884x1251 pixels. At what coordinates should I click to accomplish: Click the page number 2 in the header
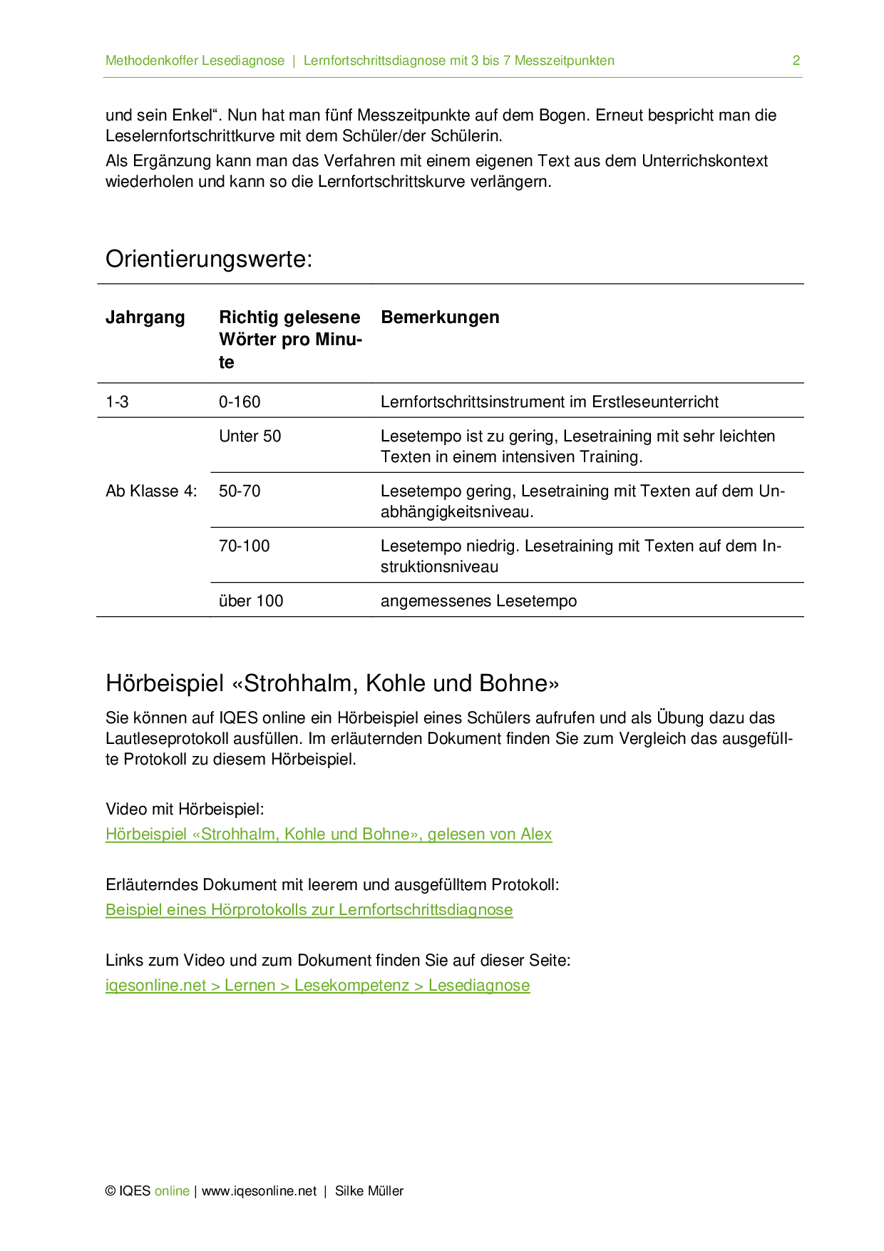tap(796, 61)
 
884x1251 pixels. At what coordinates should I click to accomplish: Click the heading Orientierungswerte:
tap(209, 258)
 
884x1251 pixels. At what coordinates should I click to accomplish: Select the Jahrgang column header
tap(145, 317)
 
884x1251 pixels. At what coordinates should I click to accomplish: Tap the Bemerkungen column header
tap(440, 317)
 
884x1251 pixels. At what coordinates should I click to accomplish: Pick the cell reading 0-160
tap(240, 402)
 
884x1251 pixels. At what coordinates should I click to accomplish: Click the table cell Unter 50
tap(250, 436)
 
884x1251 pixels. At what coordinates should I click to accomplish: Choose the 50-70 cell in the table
tap(240, 491)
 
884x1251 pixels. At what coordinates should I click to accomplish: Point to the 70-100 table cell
tap(244, 546)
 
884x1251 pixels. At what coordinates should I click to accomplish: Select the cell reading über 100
tap(251, 601)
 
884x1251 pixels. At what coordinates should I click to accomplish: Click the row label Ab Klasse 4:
tap(151, 491)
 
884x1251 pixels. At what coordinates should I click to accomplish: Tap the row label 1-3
tap(117, 402)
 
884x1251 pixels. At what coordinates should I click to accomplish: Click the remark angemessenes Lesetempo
tap(478, 601)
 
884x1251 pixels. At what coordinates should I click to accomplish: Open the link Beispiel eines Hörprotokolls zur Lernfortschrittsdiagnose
tap(309, 909)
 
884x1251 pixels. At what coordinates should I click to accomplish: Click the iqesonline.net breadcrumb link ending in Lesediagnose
tap(317, 985)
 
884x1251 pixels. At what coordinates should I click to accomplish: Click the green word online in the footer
tap(172, 1190)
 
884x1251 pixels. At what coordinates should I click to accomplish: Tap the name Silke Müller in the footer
tap(369, 1190)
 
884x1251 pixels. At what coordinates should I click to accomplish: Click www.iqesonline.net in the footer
tap(259, 1190)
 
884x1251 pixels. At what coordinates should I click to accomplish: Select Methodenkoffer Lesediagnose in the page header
tap(195, 61)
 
